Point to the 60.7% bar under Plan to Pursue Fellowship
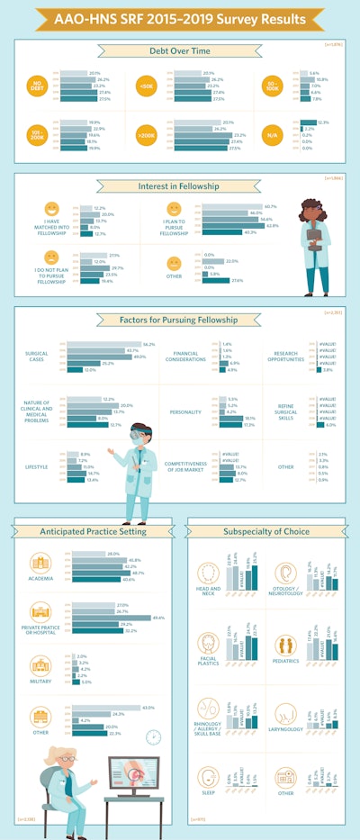click(x=238, y=206)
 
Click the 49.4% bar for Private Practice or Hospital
click(x=130, y=617)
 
